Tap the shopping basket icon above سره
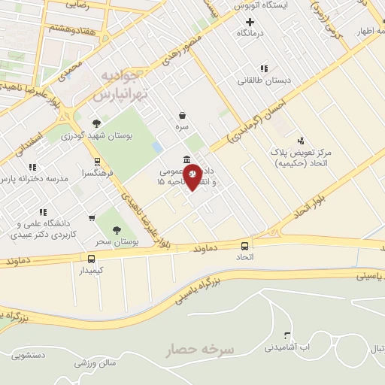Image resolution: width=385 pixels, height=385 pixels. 182,116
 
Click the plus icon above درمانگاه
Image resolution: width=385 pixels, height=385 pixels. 250,23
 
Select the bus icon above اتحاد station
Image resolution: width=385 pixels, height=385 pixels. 244,246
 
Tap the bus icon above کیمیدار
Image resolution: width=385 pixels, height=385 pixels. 91,258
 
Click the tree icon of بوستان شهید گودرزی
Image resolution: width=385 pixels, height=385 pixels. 95,123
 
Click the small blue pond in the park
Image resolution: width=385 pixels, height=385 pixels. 156,146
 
